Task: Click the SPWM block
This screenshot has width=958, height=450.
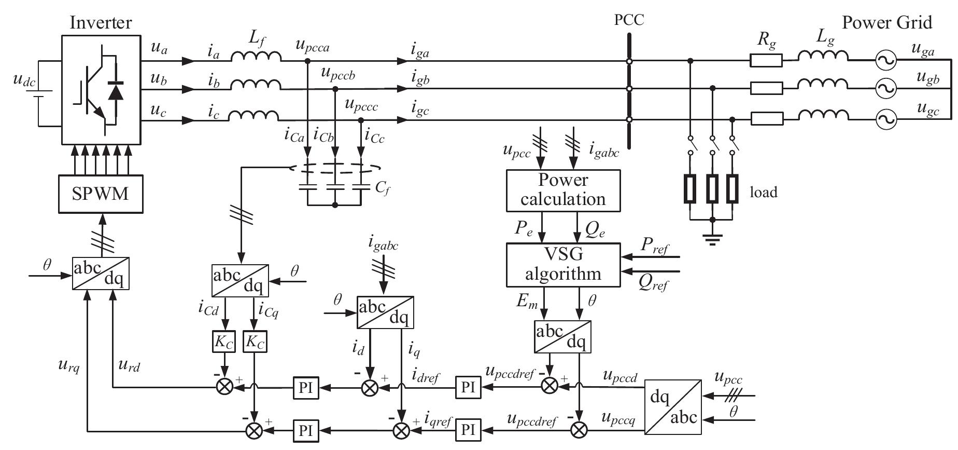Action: pos(101,194)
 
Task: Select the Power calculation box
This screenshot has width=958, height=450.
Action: pos(563,190)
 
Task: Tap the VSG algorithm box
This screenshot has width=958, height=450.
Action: pos(563,265)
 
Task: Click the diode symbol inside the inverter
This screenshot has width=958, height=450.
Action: pos(115,91)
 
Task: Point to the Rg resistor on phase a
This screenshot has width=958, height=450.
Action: pos(766,61)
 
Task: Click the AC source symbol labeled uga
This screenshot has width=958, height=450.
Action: pos(885,61)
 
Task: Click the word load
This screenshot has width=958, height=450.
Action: pos(764,193)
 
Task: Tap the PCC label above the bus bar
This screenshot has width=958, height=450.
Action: pos(629,20)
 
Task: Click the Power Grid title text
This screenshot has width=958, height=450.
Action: pos(886,22)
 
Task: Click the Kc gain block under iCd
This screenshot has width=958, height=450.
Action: pos(224,342)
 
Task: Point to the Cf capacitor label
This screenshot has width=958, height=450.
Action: pos(382,188)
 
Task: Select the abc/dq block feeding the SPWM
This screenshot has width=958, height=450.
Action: pos(100,273)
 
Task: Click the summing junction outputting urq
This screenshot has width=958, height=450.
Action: pos(254,430)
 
